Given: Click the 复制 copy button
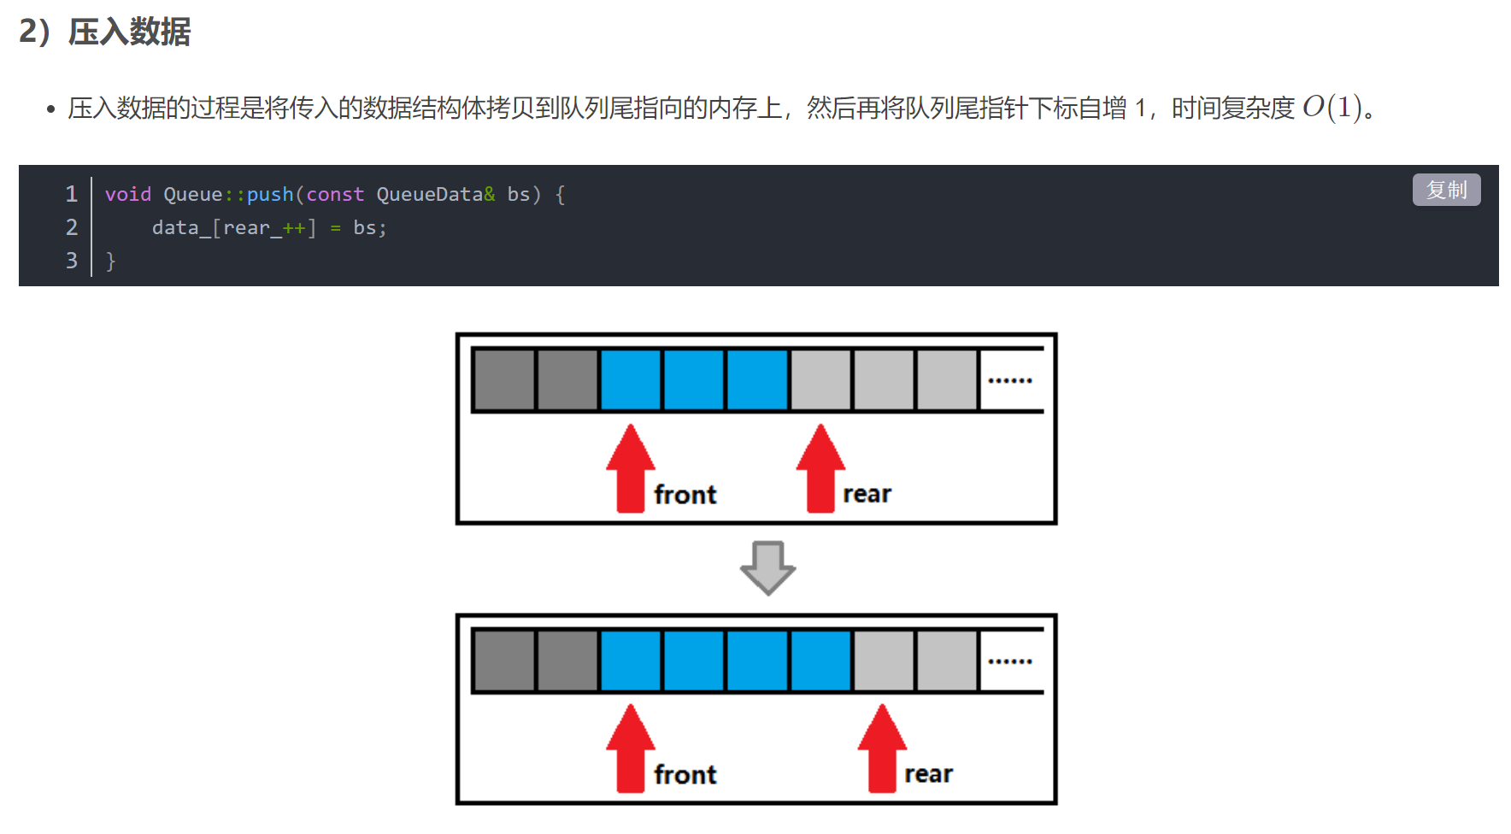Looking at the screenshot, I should coord(1446,190).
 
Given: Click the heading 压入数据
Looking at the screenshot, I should coord(129,32).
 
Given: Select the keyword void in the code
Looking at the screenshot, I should coord(127,195).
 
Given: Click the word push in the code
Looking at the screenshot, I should coord(270,195).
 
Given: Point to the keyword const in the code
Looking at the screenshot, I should coord(335,195).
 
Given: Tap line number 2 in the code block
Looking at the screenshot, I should coord(72,227).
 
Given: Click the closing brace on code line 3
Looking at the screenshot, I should coord(110,261).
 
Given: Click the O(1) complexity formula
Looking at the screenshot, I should coord(1332,108).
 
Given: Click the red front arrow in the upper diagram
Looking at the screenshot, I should coord(631,468).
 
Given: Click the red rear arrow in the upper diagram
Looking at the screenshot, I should coord(820,468).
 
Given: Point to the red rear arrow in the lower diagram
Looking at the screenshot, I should coord(882,749).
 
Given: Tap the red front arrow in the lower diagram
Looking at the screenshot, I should coord(631,749).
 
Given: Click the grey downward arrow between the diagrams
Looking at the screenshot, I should coord(767,567).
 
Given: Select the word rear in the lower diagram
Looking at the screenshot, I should coord(928,774).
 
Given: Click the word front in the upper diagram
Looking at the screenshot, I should coord(685,495).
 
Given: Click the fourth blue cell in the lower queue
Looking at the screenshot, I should coord(820,661).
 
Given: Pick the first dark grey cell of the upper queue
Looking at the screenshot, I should coord(504,379).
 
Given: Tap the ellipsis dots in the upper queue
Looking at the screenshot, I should coord(1010,380).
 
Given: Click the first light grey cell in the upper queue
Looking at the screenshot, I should coord(820,379).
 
